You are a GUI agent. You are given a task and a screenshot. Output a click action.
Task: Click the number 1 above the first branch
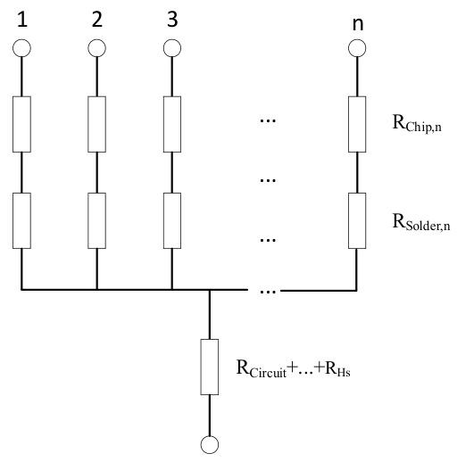[22, 20]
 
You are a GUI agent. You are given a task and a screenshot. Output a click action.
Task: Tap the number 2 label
[97, 20]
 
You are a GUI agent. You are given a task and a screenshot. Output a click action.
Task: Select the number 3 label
[172, 20]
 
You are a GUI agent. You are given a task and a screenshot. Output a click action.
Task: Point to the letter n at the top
[358, 24]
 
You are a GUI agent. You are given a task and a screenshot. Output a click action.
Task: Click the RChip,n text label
[417, 123]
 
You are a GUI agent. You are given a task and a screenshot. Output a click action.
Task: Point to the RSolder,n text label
[421, 222]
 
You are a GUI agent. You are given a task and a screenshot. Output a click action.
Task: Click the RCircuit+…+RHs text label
[293, 368]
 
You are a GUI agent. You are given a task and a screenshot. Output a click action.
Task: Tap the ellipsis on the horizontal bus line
[268, 292]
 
